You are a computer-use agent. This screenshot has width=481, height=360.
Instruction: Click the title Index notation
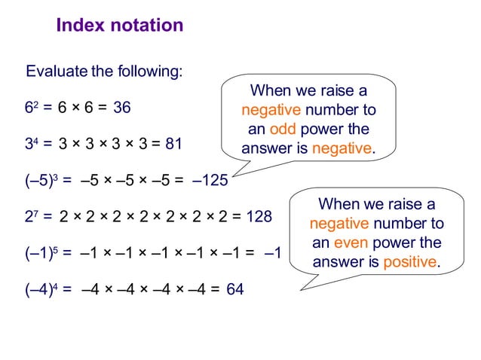[120, 26]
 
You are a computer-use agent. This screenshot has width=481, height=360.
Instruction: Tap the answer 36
[122, 108]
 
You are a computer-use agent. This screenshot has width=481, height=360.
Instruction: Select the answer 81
[173, 144]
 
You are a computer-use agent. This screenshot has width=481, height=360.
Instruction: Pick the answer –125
[210, 180]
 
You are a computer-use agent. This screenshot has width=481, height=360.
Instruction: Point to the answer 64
[235, 288]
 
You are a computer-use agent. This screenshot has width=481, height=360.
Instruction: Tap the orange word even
[349, 243]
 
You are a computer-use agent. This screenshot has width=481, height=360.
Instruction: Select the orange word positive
[410, 262]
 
